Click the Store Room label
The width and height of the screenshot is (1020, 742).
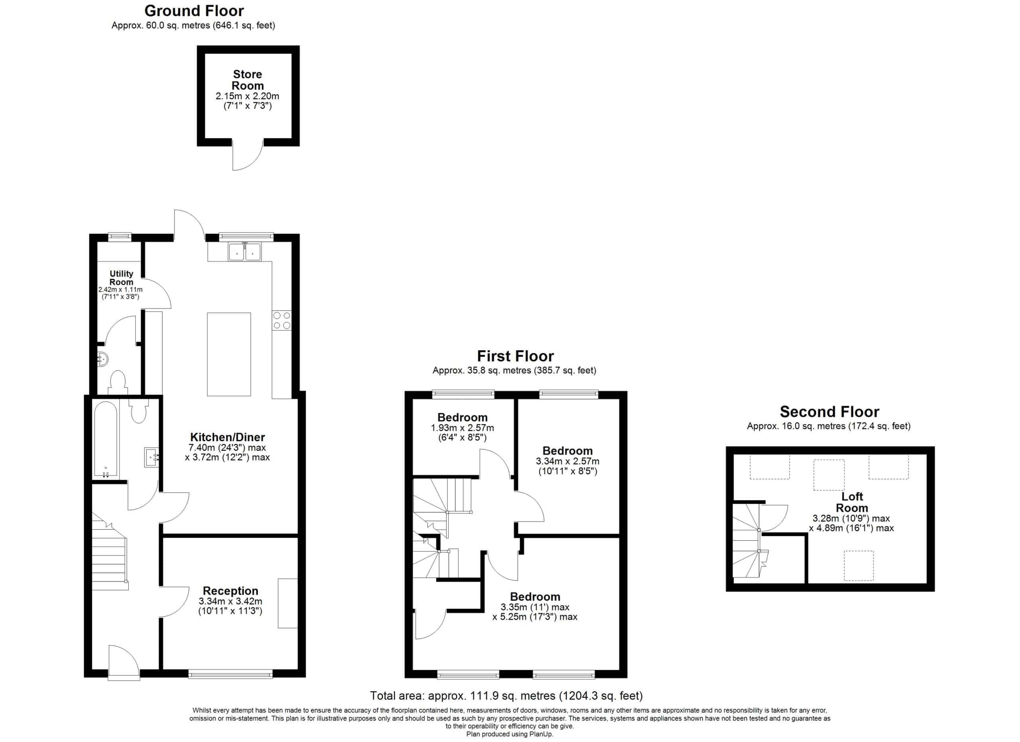coord(247,80)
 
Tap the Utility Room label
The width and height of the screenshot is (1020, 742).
coord(122,277)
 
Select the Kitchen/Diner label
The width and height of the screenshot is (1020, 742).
coord(228,437)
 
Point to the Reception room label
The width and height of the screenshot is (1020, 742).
coord(230,591)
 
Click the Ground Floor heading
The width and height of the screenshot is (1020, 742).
coord(194,11)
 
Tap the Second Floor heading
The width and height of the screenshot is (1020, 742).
coord(829,412)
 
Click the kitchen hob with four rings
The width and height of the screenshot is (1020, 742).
coord(282,320)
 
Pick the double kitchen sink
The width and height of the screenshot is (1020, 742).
coord(245,252)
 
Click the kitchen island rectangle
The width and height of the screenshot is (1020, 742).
coord(229,354)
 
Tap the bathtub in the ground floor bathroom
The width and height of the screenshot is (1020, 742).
coord(106,440)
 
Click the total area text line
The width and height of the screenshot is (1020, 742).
coord(506,696)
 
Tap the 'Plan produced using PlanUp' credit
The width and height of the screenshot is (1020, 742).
coord(510,734)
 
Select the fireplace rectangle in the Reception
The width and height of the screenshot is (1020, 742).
coord(288,603)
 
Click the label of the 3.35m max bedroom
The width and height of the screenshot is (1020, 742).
coord(535,597)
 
